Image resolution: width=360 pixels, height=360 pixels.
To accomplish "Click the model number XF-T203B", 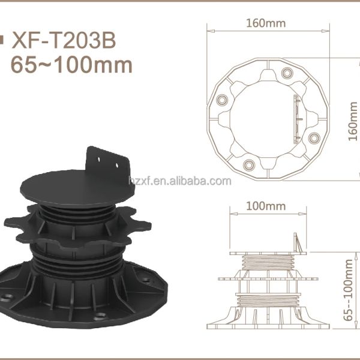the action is (64, 40).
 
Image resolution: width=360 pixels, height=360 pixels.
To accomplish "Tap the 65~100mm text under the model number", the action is (71, 65).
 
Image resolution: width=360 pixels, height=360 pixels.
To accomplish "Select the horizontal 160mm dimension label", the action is (266, 23).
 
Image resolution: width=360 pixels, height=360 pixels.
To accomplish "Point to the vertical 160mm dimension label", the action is (353, 121).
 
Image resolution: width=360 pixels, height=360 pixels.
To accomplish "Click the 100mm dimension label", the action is (266, 206).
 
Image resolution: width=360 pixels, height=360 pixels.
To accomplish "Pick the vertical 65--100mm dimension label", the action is (348, 290).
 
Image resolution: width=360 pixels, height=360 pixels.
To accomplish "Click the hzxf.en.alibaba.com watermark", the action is (180, 181).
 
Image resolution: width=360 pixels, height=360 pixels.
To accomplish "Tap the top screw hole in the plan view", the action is (287, 73).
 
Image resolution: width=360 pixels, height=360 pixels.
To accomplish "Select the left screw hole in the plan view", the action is (222, 100).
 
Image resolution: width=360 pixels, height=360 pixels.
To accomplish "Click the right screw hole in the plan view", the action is (314, 138).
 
